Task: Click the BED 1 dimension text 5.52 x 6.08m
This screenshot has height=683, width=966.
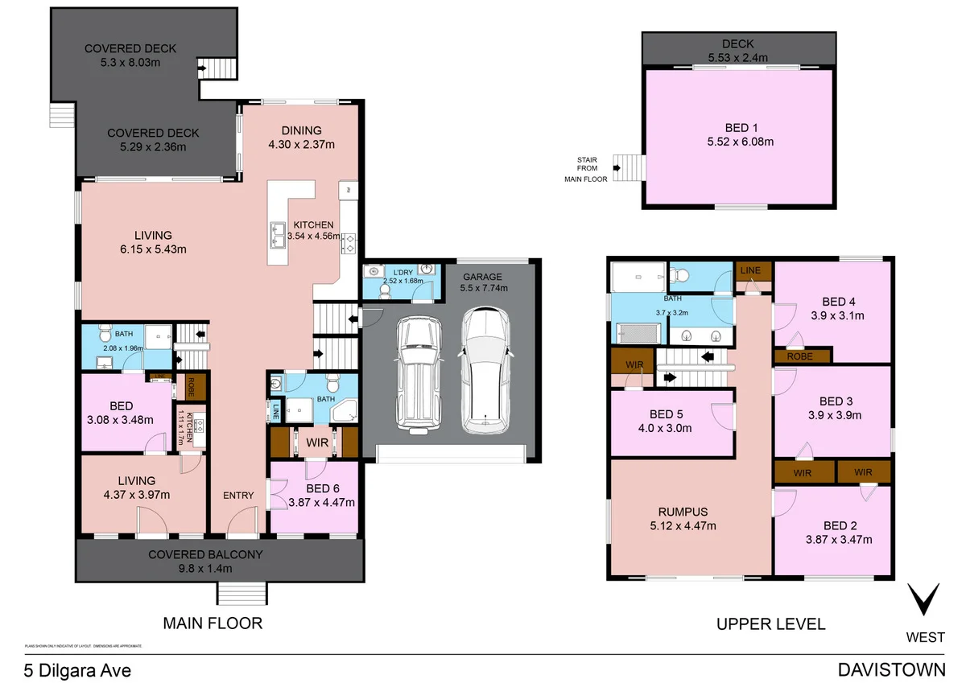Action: (x=741, y=142)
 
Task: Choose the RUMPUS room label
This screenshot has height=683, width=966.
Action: (x=682, y=512)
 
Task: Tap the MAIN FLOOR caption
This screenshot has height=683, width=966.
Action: (x=213, y=623)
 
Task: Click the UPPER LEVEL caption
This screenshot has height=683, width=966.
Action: (x=770, y=623)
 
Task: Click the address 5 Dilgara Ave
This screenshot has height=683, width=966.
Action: (x=76, y=669)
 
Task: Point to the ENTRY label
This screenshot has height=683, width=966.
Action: (x=238, y=496)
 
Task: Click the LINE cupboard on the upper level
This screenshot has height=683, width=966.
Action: (x=750, y=270)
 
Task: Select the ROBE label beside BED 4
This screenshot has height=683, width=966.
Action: (x=799, y=356)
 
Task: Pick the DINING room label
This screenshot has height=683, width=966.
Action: (x=301, y=130)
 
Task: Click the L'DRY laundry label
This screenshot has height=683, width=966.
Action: (x=402, y=271)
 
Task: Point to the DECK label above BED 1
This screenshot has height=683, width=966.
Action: (x=737, y=44)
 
